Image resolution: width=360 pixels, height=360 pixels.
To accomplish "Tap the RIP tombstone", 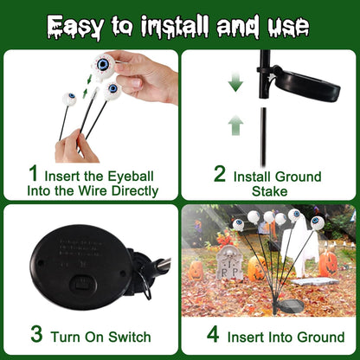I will tap(229, 263).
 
